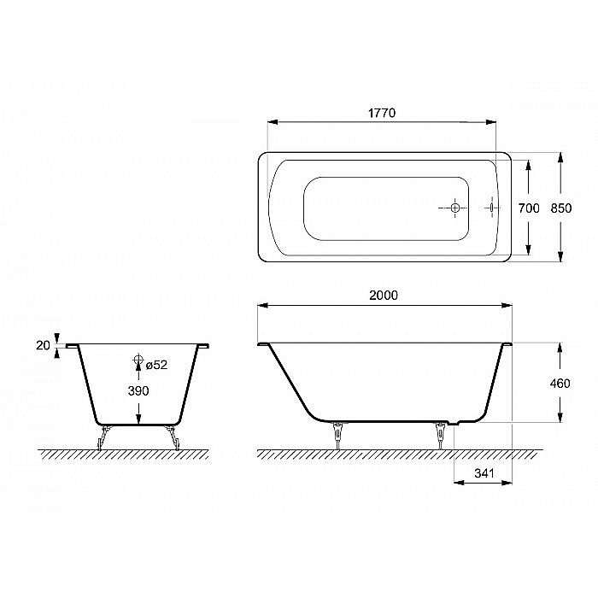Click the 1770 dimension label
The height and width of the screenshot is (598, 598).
pos(382,114)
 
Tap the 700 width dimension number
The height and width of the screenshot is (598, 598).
pos(529,208)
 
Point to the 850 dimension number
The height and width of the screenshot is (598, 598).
pos(560,208)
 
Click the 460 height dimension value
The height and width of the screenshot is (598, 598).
pos(560,384)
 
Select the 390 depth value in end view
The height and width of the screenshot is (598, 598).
pos(138,390)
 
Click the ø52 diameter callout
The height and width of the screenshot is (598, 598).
pos(155,365)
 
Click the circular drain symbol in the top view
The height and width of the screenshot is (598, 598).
pos(455,208)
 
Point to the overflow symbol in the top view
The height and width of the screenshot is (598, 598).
pos(492,207)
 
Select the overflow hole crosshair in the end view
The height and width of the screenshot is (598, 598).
pos(138,362)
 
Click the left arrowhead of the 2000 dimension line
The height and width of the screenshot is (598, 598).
pos(263,305)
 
